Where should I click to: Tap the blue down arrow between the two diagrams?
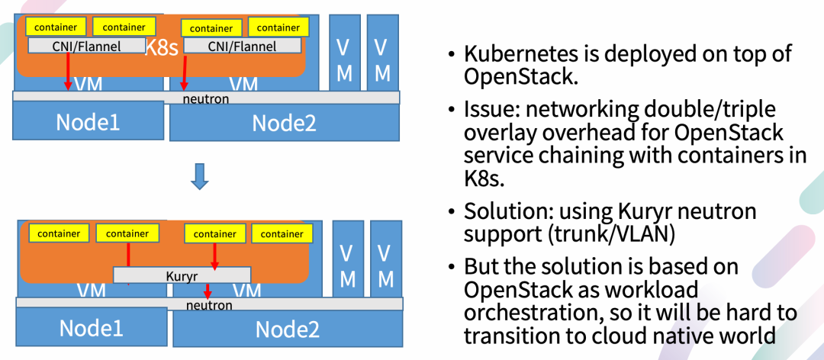pyautogui.click(x=199, y=175)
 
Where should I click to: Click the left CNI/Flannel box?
pyautogui.click(x=86, y=46)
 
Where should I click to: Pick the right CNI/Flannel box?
pyautogui.click(x=242, y=47)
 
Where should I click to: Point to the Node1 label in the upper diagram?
pyautogui.click(x=87, y=121)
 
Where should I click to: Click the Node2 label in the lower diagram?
pyautogui.click(x=287, y=329)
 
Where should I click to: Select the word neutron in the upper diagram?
pyautogui.click(x=206, y=98)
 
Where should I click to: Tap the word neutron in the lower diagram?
pyautogui.click(x=209, y=305)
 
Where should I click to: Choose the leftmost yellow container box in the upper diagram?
pyautogui.click(x=56, y=27)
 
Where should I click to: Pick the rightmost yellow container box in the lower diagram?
pyautogui.click(x=282, y=233)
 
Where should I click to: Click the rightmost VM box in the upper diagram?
pyautogui.click(x=383, y=59)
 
